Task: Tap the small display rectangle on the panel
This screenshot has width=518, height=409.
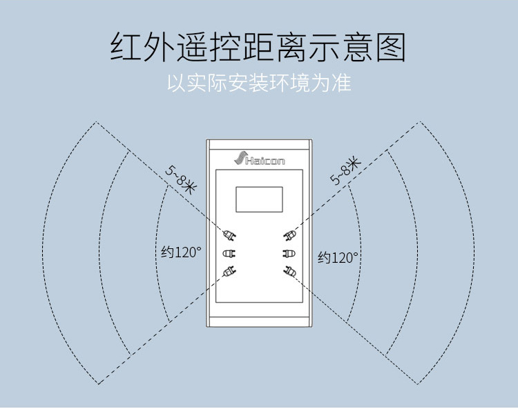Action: point(259,199)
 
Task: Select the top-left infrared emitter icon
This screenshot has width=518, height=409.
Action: point(229,235)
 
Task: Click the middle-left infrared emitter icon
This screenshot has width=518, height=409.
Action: point(229,253)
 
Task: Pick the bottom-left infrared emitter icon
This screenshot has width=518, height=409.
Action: point(229,272)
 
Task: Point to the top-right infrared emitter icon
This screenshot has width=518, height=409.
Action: point(289,235)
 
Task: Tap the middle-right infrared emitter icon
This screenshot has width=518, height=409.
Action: point(289,253)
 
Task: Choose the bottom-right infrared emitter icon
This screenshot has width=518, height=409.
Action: point(289,272)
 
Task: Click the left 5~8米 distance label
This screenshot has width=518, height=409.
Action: point(181,181)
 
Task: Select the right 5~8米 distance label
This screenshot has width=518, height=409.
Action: point(345,171)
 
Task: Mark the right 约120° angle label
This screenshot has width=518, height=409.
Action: point(338,257)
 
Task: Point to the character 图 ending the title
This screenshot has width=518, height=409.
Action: point(391,47)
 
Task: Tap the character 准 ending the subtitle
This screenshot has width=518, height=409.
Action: point(342,83)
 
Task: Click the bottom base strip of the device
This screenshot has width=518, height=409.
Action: point(259,322)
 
